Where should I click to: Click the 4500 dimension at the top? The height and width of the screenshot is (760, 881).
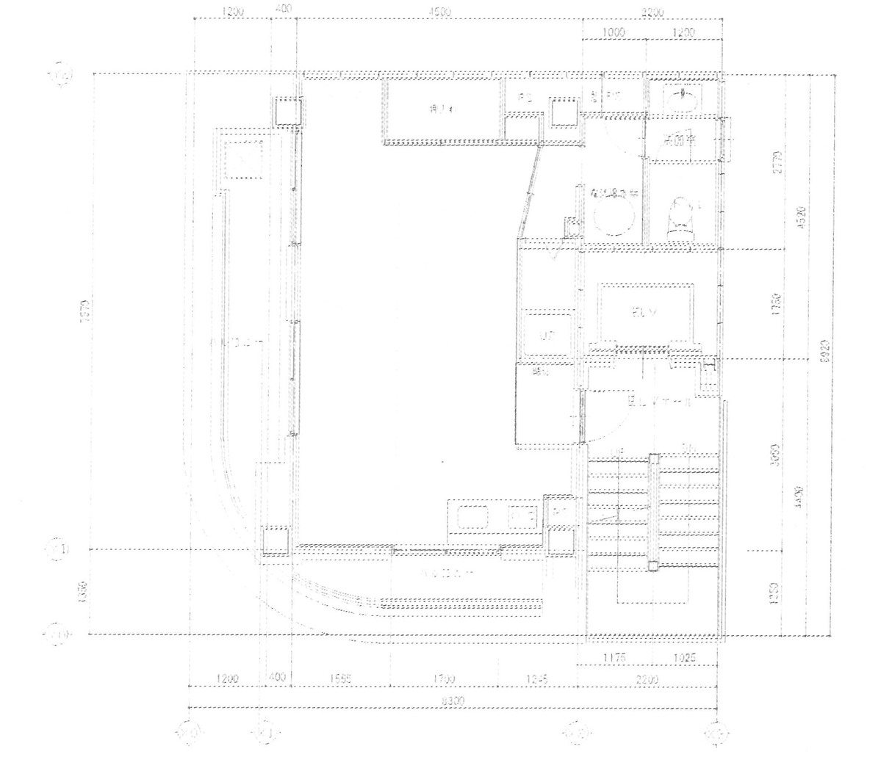(x=440, y=12)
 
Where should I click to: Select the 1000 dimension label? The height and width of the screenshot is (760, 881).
(x=614, y=32)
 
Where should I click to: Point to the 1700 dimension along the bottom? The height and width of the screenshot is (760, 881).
(x=444, y=678)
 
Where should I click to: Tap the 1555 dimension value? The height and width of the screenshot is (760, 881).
(x=340, y=678)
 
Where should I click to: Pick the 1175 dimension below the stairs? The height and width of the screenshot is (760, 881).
(x=613, y=658)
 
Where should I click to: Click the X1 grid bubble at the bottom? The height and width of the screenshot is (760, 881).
(x=268, y=732)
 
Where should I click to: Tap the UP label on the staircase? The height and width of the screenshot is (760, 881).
(x=616, y=449)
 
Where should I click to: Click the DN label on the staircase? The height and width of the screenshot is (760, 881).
(x=688, y=449)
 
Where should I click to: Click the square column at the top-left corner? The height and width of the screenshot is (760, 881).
(x=290, y=112)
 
